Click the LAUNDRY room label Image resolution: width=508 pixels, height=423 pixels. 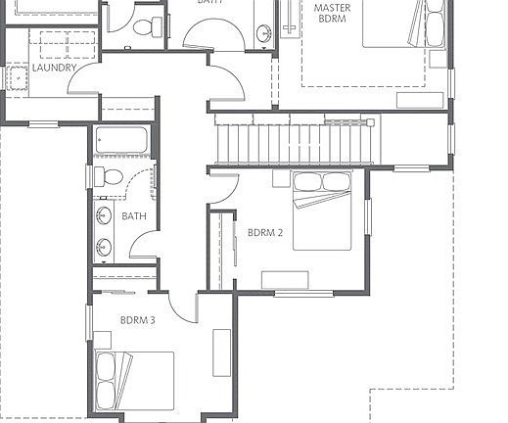click(x=54, y=69)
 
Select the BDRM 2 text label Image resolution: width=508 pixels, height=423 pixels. click(x=265, y=233)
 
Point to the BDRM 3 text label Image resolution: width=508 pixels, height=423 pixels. click(x=138, y=320)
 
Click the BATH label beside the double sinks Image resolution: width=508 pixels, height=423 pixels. click(x=134, y=215)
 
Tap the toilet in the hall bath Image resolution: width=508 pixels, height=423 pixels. click(x=110, y=177)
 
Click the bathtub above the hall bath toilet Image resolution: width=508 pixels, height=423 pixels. click(x=120, y=140)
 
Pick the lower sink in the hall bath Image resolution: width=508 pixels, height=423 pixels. click(x=104, y=245)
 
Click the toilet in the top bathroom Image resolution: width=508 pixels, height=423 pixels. click(x=146, y=26)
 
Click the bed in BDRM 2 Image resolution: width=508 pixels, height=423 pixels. click(x=323, y=210)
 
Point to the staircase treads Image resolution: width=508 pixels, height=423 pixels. click(x=294, y=140)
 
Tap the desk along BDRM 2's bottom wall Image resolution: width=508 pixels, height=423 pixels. click(x=285, y=280)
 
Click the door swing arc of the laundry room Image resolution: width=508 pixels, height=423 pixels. click(x=83, y=79)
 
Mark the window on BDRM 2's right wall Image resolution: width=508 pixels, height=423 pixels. click(x=368, y=216)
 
